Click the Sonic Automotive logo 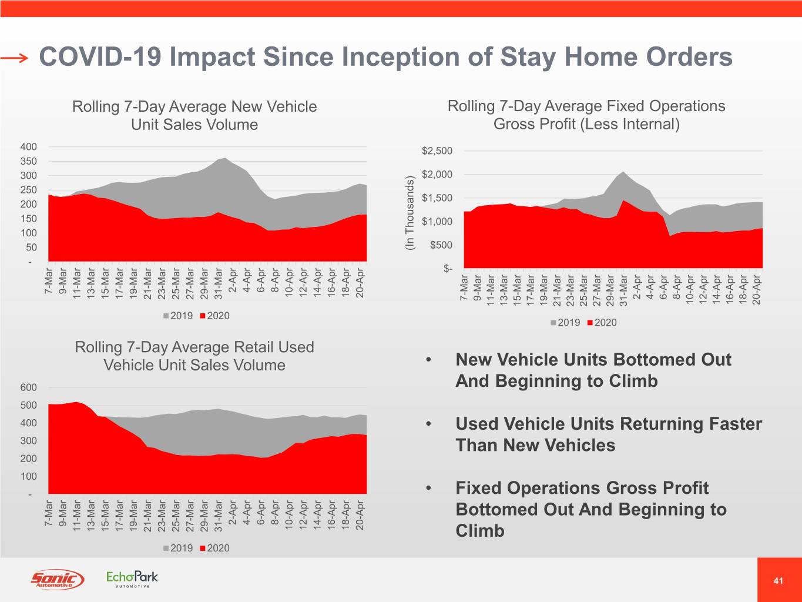pos(57,579)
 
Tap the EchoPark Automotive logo pos(132,578)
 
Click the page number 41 pos(778,581)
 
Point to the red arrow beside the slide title pos(14,58)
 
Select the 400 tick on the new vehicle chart pos(29,147)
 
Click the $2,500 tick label pos(437,151)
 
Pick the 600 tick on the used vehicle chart pos(29,387)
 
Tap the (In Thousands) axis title pos(410,213)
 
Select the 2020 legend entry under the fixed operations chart pos(602,323)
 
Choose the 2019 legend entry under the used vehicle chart pos(177,548)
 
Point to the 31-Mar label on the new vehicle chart pos(219,284)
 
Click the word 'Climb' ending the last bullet pos(480,531)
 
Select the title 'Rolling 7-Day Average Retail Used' pos(194,347)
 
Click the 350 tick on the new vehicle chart pos(29,161)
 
